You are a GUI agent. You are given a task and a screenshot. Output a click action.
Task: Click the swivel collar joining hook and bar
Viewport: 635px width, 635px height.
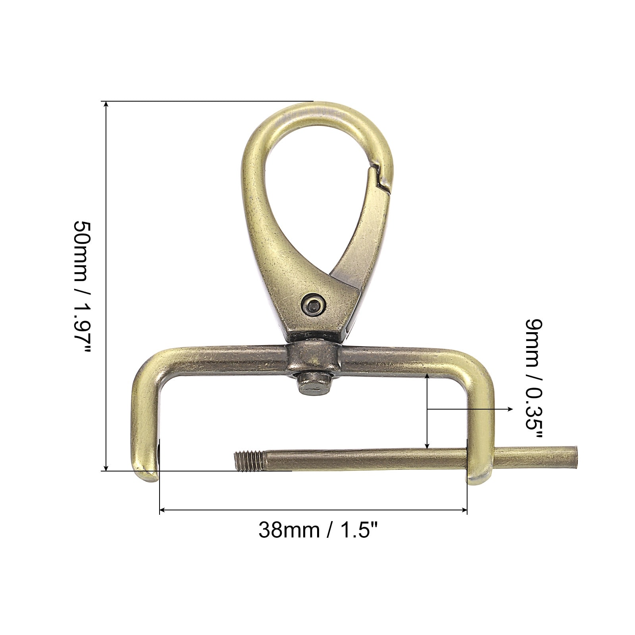click(313, 355)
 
